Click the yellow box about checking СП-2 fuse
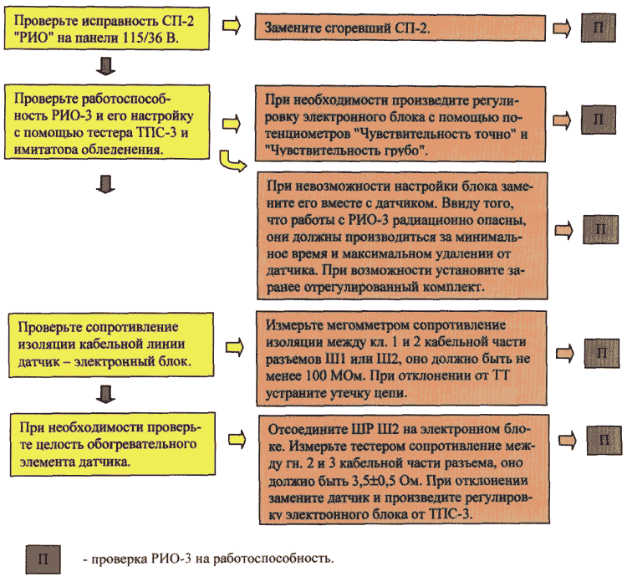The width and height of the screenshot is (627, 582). click(107, 28)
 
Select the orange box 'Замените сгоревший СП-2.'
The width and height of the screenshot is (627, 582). click(400, 28)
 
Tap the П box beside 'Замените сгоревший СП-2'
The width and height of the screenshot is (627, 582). click(599, 28)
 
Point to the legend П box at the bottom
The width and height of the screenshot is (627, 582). click(43, 559)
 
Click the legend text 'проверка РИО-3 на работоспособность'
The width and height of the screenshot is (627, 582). click(212, 559)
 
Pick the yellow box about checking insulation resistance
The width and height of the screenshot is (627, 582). click(111, 345)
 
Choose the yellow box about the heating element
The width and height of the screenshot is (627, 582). click(113, 444)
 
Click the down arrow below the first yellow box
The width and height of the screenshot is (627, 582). click(105, 66)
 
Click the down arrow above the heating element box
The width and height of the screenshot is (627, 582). click(105, 395)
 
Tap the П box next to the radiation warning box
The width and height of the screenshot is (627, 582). click(600, 230)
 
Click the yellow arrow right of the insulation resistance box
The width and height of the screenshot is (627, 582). click(235, 347)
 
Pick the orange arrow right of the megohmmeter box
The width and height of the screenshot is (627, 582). click(565, 353)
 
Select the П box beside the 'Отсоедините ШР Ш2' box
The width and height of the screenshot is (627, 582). click(604, 441)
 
